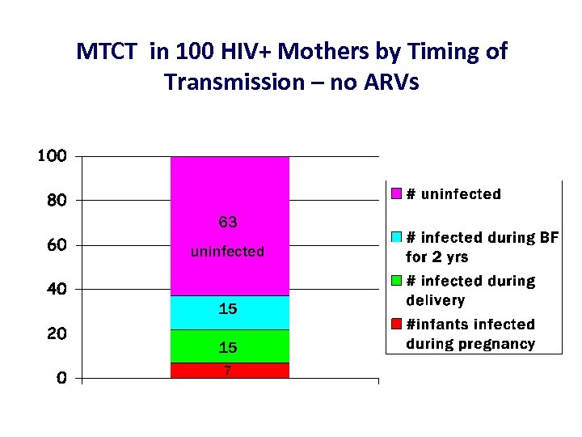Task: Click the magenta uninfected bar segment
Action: (230, 186)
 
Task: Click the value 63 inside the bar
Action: (228, 222)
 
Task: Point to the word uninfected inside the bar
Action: (228, 252)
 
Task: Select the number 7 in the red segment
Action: (228, 370)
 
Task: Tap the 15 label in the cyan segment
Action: (228, 309)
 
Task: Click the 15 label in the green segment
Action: (228, 347)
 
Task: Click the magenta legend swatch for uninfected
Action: (396, 194)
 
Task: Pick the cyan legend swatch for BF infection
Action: (396, 237)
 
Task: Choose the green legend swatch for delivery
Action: (396, 281)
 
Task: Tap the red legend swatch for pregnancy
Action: (396, 324)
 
